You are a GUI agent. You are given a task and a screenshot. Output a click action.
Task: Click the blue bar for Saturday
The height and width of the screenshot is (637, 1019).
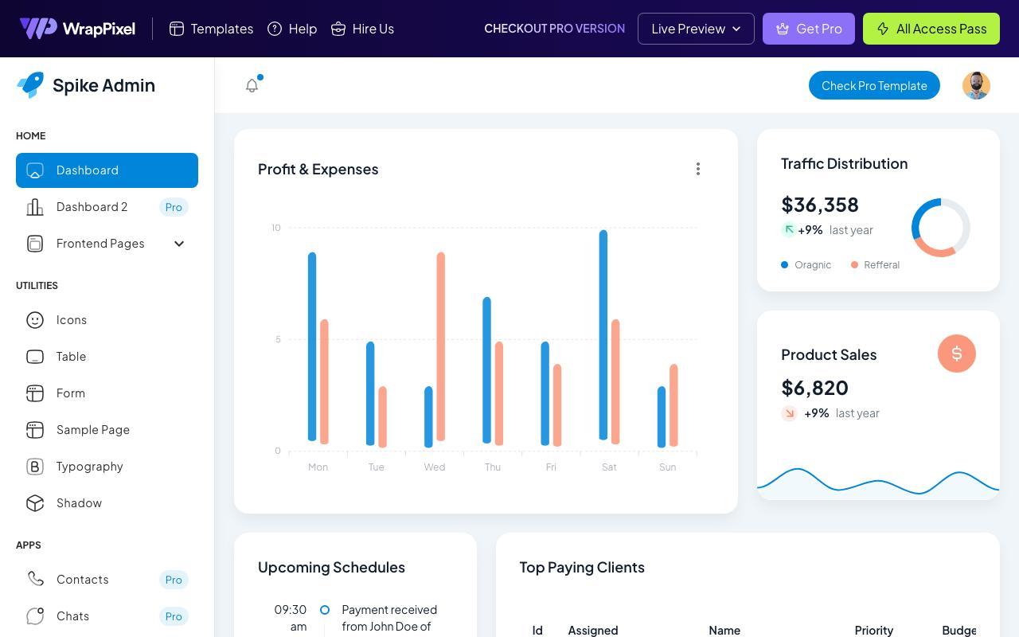point(603,335)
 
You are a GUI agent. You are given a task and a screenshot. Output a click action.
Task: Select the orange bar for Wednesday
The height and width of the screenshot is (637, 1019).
point(440,346)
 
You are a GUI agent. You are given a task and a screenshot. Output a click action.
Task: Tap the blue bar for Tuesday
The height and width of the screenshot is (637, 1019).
point(370,393)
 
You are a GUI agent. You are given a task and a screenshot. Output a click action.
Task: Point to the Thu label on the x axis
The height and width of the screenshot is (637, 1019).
point(493,467)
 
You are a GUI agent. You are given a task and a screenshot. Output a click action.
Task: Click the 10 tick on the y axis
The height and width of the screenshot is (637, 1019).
point(276,228)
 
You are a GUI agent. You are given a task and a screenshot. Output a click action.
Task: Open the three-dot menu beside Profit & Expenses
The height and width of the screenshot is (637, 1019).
point(698,169)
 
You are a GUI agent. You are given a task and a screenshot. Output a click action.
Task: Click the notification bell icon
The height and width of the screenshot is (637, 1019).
point(252,85)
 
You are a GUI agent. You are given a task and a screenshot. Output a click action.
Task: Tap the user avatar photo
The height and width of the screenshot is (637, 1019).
point(976,85)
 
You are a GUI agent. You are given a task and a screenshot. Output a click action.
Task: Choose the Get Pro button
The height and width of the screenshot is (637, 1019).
point(808,29)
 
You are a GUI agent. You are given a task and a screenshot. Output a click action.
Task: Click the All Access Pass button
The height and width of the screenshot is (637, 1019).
point(931,29)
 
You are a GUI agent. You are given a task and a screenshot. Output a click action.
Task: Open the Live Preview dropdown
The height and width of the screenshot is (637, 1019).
point(696,29)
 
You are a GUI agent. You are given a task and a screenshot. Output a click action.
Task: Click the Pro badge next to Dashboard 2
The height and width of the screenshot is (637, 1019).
point(174,207)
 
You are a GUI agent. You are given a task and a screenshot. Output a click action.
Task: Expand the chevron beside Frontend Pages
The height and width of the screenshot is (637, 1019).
point(179,244)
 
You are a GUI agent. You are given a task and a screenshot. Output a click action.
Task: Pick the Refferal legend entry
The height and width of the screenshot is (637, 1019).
point(875,265)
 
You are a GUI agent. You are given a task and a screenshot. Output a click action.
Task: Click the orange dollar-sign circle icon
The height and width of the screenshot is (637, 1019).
point(957,354)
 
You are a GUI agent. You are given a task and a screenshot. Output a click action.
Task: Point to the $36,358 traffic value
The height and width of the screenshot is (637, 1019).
point(820,205)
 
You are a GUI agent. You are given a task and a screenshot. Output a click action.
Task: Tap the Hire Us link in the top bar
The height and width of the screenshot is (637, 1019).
point(362,29)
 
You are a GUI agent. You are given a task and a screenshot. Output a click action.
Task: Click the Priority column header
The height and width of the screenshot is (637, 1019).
point(874,630)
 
